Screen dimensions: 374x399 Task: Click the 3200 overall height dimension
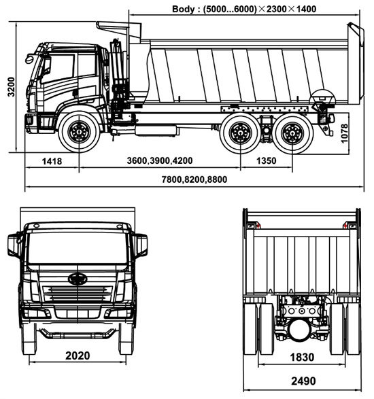point(11,87)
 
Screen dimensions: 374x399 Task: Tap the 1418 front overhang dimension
point(52,161)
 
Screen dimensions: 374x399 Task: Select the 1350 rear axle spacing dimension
point(266,161)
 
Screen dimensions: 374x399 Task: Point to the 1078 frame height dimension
point(344,133)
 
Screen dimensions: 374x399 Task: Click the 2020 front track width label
point(78,355)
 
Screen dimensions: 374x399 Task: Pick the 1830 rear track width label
point(302,358)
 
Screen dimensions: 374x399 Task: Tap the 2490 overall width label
point(303,381)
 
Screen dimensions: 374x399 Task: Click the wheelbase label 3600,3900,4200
point(160,160)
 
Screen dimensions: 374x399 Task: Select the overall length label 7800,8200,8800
point(194,179)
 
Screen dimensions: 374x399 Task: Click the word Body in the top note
point(183,9)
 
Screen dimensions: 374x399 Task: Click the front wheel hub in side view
point(79,132)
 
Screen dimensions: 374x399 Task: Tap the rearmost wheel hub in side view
point(292,133)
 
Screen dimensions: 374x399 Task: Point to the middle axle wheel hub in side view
point(240,133)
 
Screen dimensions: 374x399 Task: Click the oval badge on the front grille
point(78,279)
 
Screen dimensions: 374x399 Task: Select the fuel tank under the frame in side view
point(156,131)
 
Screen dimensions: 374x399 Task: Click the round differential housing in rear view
point(299,330)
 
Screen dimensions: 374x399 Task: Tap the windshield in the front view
point(78,248)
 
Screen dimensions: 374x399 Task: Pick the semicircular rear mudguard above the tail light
point(323,97)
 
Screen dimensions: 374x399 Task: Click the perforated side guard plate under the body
point(265,109)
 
